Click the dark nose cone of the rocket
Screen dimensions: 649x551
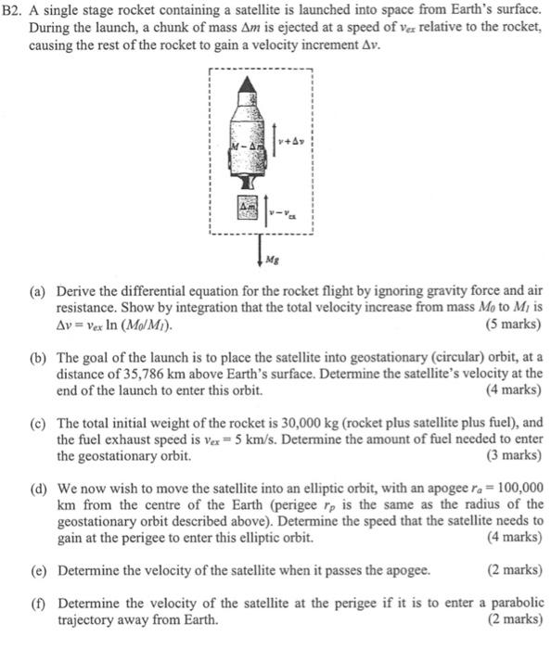click(x=246, y=85)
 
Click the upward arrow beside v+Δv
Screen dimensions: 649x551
click(x=271, y=144)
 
